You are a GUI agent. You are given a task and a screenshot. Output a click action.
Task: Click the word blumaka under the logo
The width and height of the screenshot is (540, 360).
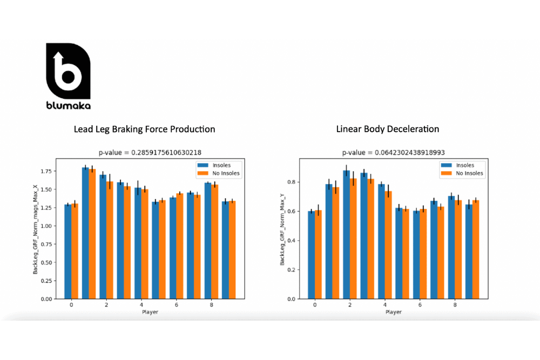pos(68,106)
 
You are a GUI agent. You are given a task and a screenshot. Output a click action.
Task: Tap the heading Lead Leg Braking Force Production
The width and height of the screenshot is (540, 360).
pos(144,130)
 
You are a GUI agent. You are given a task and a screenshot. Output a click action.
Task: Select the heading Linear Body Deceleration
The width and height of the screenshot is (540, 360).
pos(387,130)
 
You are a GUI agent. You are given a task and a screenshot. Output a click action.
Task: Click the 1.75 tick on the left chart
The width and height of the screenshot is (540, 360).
pos(47,171)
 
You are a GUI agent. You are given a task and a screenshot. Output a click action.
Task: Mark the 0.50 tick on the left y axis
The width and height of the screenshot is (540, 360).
pos(47,262)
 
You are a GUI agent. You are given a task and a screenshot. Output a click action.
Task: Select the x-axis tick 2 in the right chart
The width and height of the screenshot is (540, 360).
pos(350,305)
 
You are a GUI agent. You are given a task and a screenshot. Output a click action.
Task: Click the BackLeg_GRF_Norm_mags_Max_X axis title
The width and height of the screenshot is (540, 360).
pos(36,229)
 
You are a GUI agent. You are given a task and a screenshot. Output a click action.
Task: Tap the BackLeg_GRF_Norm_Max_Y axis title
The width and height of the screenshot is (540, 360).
pos(282,229)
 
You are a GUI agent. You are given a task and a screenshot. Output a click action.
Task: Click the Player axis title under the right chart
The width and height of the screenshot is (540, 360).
pos(393,312)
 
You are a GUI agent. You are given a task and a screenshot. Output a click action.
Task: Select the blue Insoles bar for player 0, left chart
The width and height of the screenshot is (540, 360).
pos(67,251)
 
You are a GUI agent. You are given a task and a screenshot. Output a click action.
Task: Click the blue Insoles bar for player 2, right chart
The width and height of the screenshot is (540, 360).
pos(346,235)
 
